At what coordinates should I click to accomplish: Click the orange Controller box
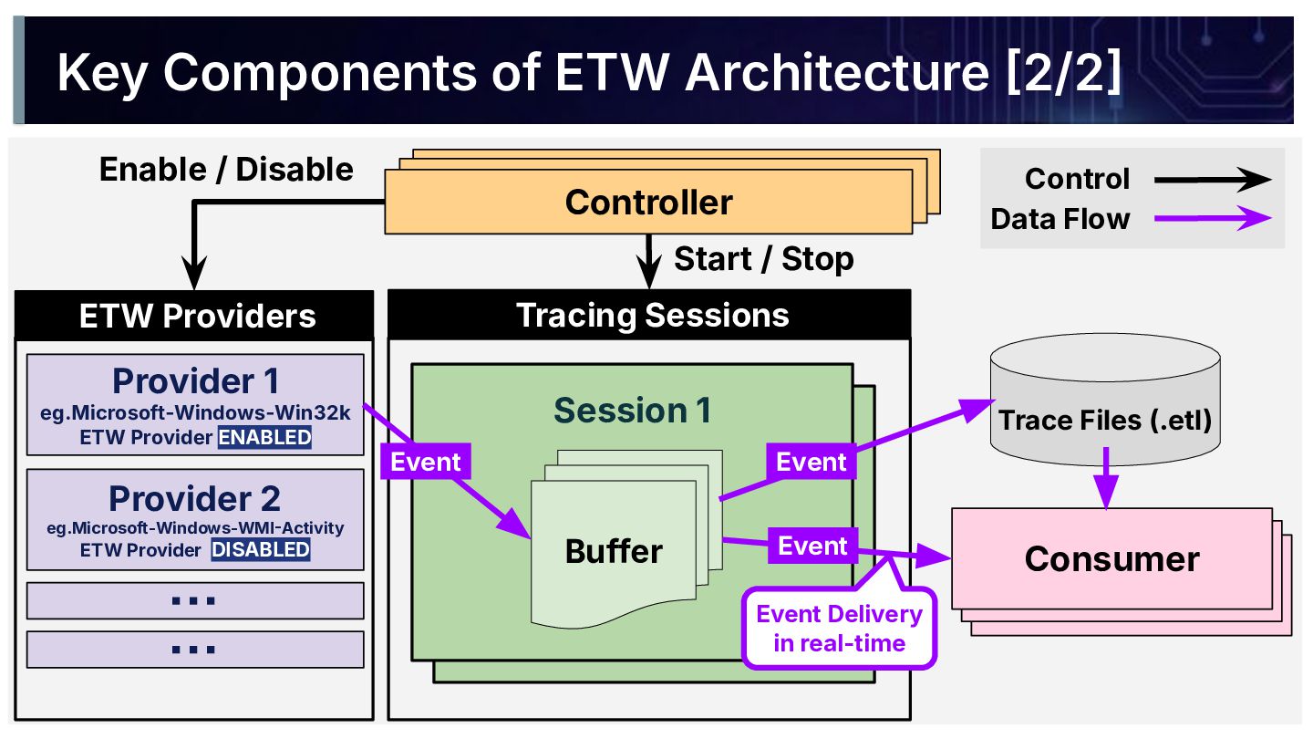coord(648,202)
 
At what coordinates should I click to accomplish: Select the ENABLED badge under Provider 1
coord(264,437)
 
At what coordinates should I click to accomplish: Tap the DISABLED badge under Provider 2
coord(261,549)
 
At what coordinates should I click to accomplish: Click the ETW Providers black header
coord(194,316)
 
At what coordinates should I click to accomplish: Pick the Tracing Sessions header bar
coord(649,315)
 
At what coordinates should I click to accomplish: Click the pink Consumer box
coord(1111,558)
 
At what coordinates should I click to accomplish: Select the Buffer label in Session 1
coord(614,551)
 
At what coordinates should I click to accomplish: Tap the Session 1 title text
coord(632,411)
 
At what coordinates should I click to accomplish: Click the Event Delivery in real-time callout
coord(839,628)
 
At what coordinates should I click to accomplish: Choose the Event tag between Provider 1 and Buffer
coord(425,462)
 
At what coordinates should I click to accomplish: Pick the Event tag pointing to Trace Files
coord(811,462)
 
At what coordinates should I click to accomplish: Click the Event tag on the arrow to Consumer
coord(812,546)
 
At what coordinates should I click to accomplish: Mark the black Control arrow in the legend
coord(1212,180)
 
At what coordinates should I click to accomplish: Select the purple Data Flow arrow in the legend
coord(1212,219)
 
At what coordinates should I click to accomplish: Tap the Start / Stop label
coord(763,259)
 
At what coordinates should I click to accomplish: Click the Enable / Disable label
coord(226,170)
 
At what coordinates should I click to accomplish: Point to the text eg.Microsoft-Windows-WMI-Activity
coord(195,527)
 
